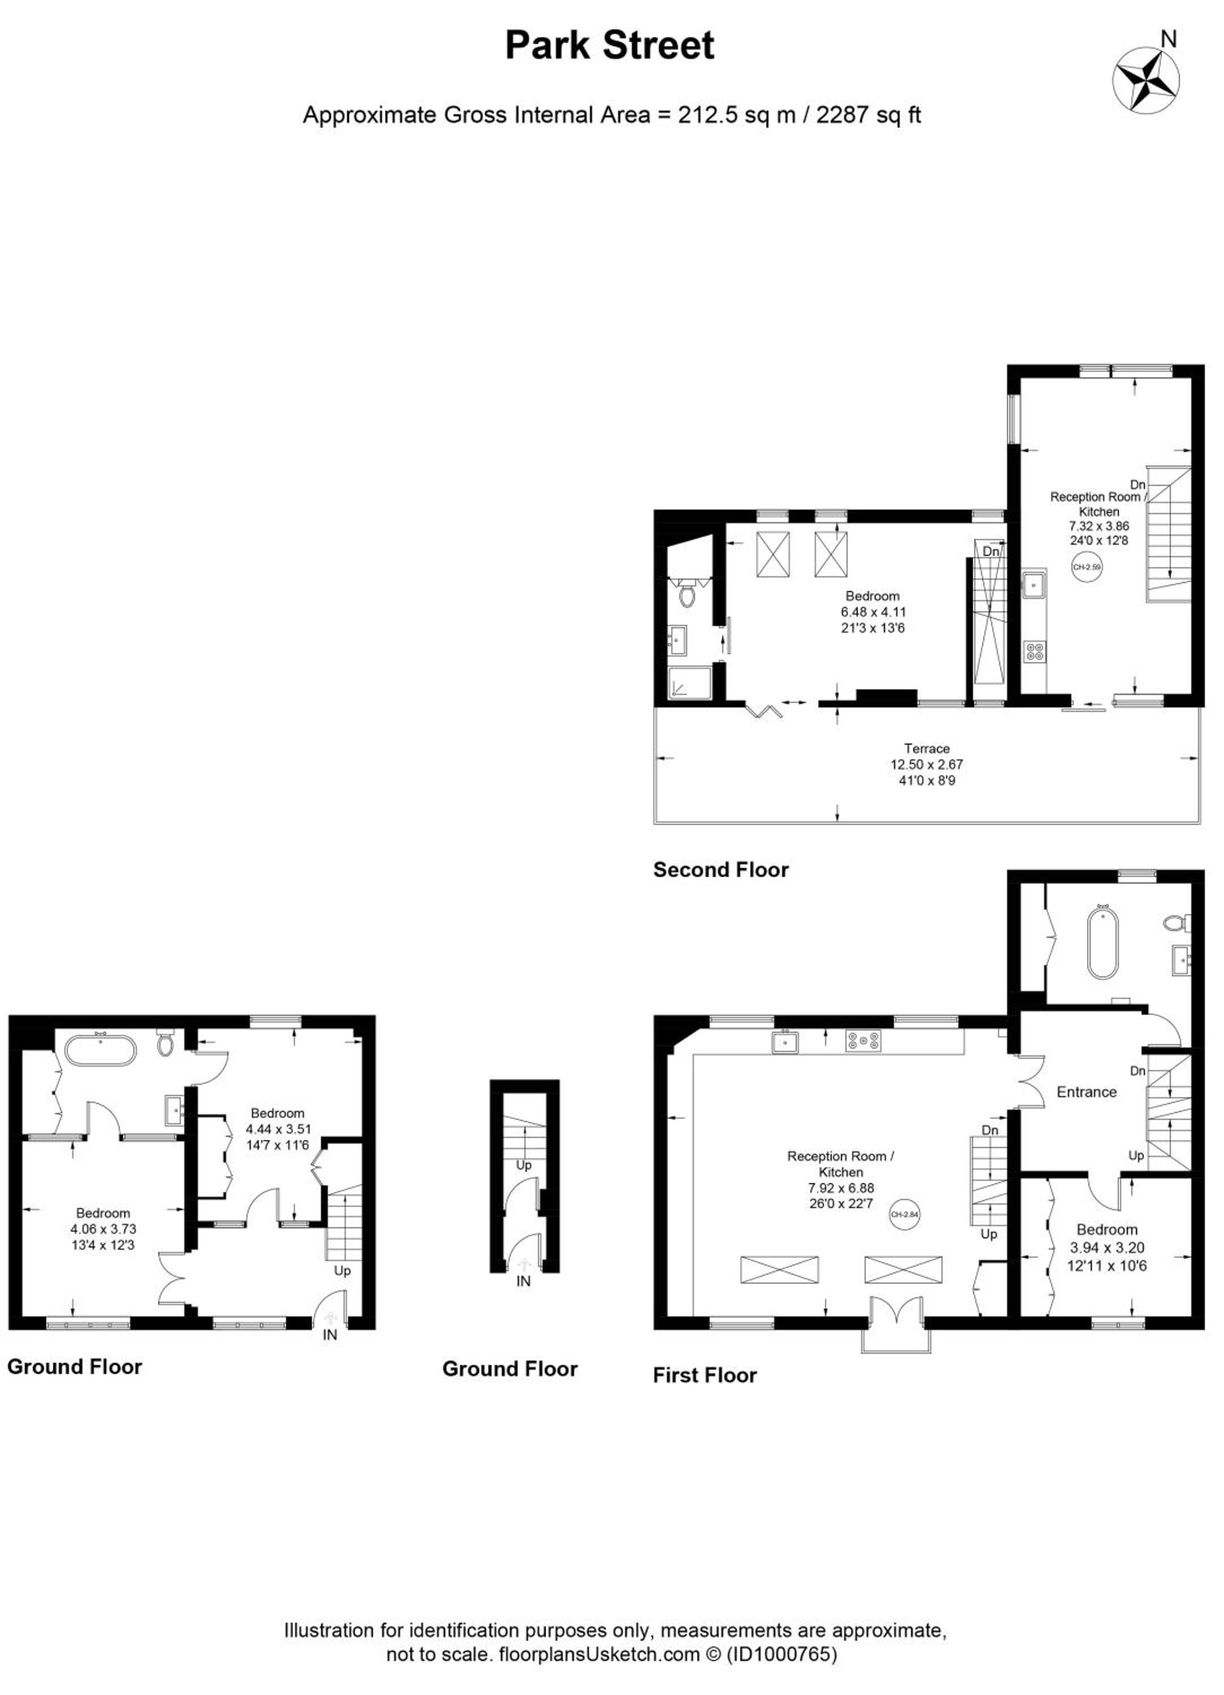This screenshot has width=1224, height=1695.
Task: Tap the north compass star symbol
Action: point(1146,81)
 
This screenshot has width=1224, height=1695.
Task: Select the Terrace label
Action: point(926,748)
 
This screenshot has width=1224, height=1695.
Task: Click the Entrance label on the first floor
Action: point(1087,1092)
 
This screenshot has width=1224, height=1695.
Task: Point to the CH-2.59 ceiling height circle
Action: point(1087,567)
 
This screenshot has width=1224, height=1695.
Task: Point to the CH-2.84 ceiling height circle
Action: point(905,1214)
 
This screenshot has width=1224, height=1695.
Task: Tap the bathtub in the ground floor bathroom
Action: point(101,1050)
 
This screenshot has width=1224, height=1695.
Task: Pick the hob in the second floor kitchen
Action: point(1036,651)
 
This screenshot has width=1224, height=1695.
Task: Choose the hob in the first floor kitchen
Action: point(863,1040)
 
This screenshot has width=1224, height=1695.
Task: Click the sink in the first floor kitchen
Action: point(785,1041)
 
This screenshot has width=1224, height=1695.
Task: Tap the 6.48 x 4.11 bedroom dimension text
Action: point(873,611)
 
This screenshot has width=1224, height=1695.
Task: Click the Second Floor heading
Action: point(721,869)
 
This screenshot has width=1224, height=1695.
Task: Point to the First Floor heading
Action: point(705,1375)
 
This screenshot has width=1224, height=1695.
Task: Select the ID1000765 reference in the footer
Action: point(782,1654)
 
